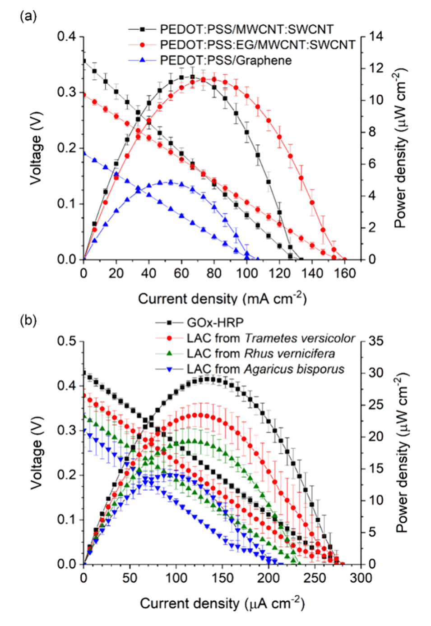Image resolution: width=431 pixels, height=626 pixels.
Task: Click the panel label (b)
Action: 28,321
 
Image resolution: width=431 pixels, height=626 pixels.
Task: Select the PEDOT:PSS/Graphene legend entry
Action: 226,60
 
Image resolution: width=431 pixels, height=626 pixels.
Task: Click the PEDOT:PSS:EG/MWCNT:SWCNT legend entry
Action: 257,45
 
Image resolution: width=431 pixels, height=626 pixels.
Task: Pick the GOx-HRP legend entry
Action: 215,322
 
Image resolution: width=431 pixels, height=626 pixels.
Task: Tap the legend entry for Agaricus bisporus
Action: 265,369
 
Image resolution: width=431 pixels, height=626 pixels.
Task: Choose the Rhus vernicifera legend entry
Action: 261,354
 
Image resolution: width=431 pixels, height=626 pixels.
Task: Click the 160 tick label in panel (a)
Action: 345,273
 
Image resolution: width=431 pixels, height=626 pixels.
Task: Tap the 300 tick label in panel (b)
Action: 361,578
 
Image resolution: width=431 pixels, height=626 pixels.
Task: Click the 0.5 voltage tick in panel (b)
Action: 67,341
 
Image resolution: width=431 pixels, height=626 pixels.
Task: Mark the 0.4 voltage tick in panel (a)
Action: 67,37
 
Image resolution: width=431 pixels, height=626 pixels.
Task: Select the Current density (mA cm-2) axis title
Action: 222,299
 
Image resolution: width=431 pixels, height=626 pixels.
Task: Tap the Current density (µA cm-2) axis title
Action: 222,603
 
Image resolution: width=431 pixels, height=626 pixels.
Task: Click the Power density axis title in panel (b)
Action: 401,452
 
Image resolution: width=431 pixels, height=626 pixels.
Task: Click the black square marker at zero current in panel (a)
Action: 84,61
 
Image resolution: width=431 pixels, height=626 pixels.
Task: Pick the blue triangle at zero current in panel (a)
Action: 84,153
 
